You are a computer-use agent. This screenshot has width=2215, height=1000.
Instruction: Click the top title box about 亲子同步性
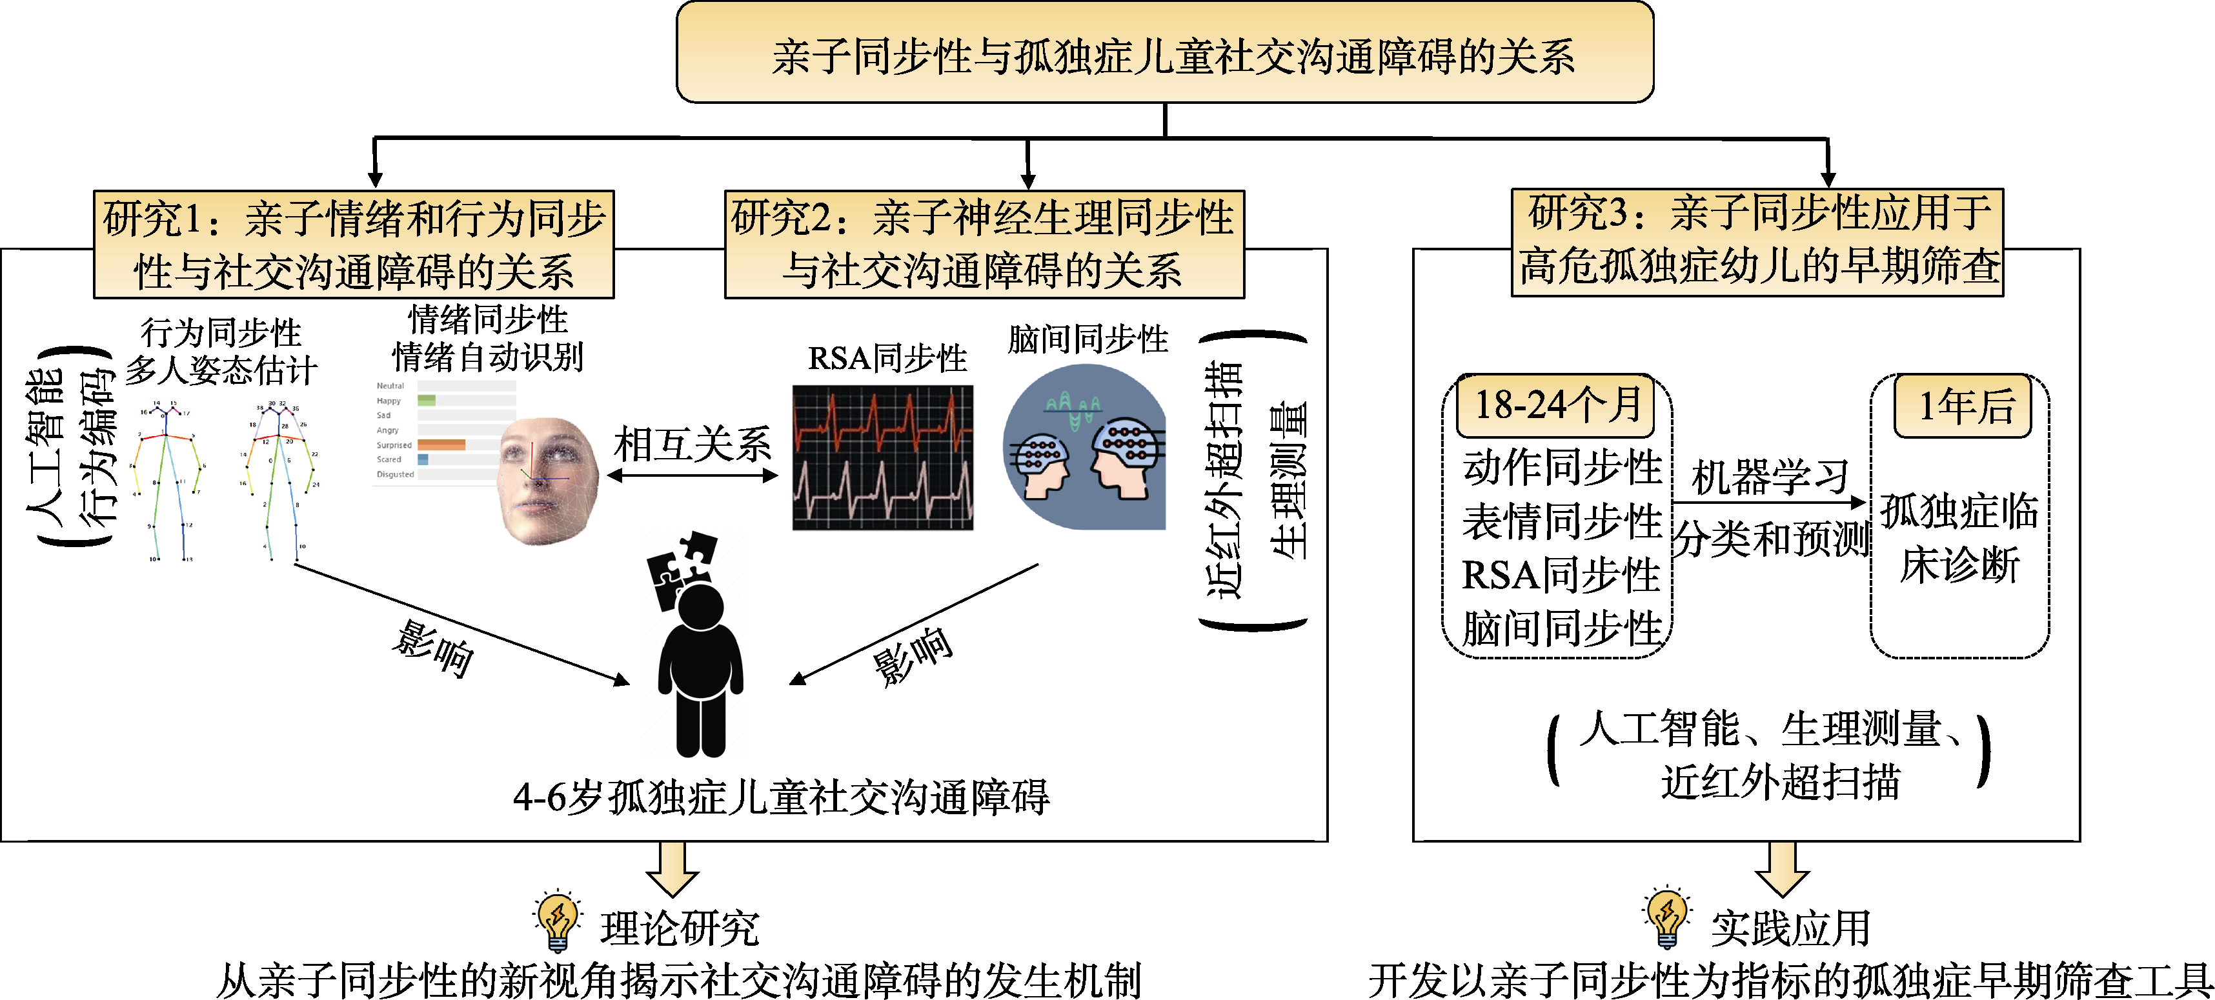[1164, 54]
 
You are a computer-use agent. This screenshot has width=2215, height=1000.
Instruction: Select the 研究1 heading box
[354, 245]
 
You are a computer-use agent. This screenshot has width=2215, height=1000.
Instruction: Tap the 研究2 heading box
[984, 245]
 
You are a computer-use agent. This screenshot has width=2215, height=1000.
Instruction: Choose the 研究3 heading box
[1757, 242]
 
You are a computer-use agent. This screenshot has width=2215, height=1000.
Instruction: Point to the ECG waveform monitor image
[882, 457]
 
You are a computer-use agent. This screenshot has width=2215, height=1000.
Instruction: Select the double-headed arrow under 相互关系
[692, 475]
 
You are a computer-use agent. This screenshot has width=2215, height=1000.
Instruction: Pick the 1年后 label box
[1963, 406]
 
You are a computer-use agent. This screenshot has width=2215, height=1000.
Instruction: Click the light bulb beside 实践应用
[1666, 917]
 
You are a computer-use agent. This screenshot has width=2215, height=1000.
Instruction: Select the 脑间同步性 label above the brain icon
[1087, 339]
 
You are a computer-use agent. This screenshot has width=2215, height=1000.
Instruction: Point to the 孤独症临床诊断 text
[1959, 537]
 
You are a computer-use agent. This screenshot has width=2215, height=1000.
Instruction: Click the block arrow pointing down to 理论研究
[672, 868]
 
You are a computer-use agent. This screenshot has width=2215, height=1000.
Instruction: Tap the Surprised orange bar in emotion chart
[441, 445]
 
